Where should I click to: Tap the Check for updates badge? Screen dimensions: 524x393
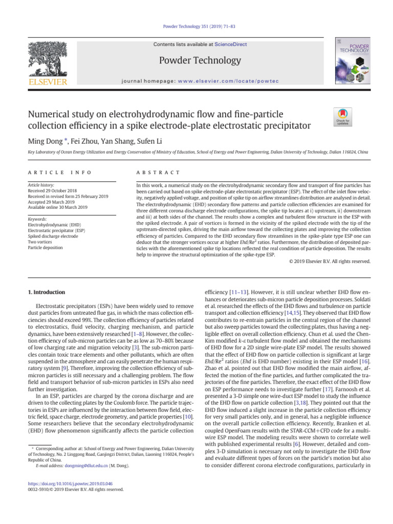[x=342, y=117]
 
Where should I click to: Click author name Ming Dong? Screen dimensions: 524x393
[x=46, y=141]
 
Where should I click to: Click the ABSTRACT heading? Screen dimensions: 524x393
[x=156, y=173]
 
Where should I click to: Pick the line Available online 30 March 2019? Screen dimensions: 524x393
[x=57, y=207]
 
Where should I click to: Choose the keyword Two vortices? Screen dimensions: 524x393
[x=40, y=242]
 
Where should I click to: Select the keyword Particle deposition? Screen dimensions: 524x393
[x=46, y=247]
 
